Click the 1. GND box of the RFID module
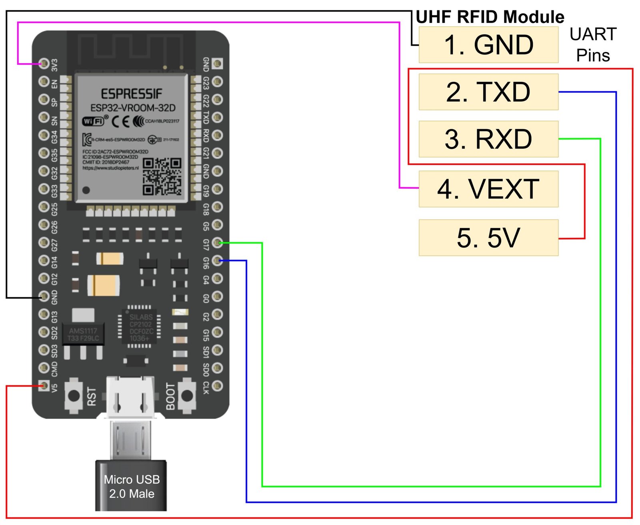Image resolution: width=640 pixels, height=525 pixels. [x=488, y=45]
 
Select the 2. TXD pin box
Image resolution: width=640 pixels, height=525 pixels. [x=488, y=92]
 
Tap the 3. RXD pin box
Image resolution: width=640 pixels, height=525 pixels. [x=488, y=139]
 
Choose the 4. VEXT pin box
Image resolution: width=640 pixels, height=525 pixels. [x=488, y=189]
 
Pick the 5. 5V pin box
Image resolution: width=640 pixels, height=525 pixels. [x=488, y=238]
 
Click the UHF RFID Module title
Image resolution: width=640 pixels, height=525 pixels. [x=490, y=17]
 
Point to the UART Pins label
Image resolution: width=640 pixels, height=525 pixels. [x=593, y=45]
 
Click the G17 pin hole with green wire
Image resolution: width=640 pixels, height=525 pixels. [x=217, y=243]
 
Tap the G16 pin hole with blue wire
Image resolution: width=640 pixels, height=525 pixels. [x=217, y=261]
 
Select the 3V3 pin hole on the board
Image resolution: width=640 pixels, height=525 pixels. [x=44, y=63]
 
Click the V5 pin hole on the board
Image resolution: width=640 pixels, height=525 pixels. [x=44, y=386]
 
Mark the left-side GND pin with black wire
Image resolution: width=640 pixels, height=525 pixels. [x=44, y=296]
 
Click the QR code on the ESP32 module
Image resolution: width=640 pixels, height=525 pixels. [x=162, y=176]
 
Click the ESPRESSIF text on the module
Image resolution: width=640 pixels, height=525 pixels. [x=131, y=94]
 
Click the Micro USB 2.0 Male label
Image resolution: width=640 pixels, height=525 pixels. [x=132, y=487]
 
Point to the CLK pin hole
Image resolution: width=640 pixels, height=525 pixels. [x=217, y=386]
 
